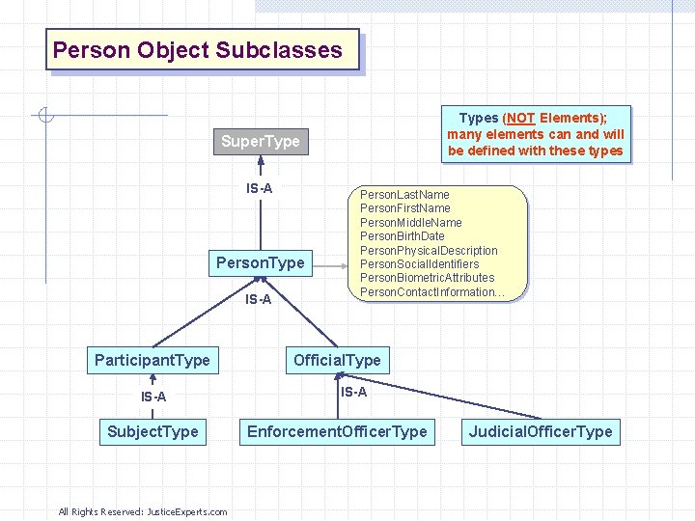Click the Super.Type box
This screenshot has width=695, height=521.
(x=260, y=142)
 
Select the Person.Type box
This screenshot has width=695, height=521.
(x=260, y=262)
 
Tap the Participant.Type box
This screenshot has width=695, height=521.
(x=153, y=360)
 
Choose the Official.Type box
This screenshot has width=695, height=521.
(x=337, y=360)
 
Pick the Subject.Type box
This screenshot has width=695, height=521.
(x=153, y=431)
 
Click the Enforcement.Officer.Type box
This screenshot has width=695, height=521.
(x=337, y=431)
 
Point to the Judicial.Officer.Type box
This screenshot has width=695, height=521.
(x=541, y=431)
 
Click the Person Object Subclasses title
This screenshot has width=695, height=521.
(x=198, y=50)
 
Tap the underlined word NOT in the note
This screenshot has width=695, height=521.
(x=521, y=119)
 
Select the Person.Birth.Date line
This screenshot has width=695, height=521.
(x=402, y=236)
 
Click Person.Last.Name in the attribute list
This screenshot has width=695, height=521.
(x=404, y=195)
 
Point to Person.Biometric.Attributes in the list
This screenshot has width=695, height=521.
(x=427, y=278)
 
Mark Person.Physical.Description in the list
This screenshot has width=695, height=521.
(x=429, y=251)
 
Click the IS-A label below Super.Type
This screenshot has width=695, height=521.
(x=259, y=188)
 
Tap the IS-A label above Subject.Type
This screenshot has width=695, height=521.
(x=153, y=397)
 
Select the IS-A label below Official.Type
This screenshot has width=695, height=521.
(x=353, y=392)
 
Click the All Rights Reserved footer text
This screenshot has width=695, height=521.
(x=143, y=511)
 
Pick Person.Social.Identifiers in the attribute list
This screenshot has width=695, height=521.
(x=419, y=264)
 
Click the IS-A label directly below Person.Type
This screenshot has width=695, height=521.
(x=258, y=300)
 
